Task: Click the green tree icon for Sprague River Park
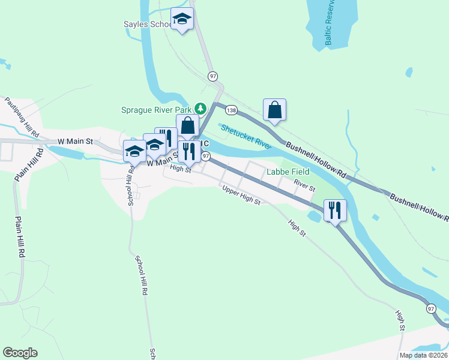pos(200,109)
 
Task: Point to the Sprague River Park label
pos(155,110)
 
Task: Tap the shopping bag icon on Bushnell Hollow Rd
pos(274,110)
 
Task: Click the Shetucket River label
pos(247,136)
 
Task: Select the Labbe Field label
pos(288,172)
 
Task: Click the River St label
pos(304,186)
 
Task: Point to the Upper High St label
pos(241,196)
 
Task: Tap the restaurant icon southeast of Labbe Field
pos(335,210)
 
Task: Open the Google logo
pos(20,353)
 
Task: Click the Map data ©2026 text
pos(423,355)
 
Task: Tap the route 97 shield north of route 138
pos(212,76)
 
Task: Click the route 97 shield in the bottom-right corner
pos(431,308)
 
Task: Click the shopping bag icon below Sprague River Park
pos(187,127)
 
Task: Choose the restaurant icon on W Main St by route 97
pos(190,153)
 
